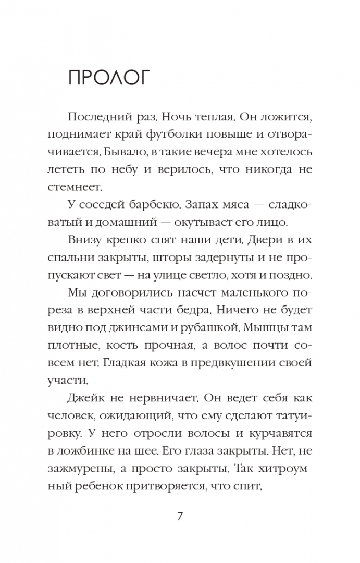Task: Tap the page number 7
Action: point(180,517)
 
